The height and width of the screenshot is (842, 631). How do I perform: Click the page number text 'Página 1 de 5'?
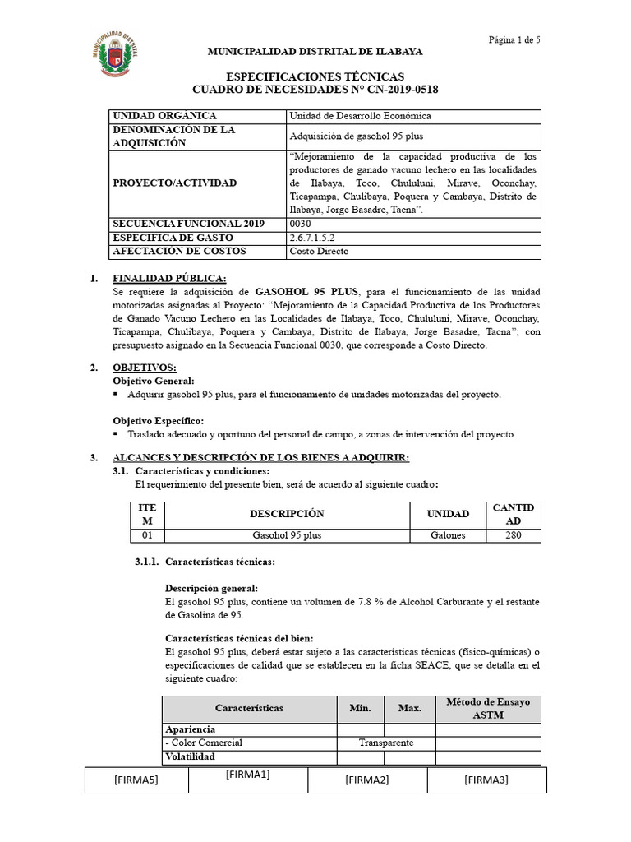514,39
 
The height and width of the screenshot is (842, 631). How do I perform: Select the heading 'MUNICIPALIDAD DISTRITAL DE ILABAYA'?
315,51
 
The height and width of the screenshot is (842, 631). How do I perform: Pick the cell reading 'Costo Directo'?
320,251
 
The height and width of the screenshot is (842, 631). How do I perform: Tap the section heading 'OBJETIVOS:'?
144,368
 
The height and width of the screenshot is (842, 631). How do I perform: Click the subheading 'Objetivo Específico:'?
158,420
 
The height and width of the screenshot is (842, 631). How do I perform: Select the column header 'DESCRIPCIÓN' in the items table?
287,514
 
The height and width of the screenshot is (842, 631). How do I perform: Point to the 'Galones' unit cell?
448,535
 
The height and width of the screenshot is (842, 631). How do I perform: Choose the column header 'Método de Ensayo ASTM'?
488,708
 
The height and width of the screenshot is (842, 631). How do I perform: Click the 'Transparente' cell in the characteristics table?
386,743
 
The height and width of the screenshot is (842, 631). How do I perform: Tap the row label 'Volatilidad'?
190,756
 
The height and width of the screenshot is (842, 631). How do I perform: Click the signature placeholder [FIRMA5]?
136,780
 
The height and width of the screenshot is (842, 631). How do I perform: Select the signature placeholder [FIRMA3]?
486,780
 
